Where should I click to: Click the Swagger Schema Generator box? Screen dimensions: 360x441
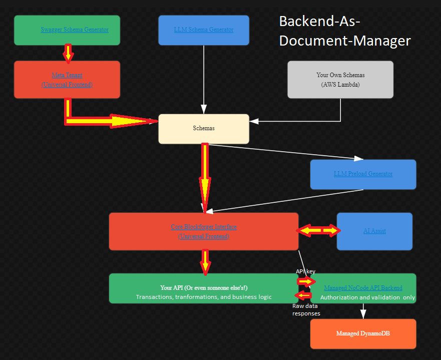tap(67, 30)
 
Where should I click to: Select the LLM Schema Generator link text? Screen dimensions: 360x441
tap(204, 30)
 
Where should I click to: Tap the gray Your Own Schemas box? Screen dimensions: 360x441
tap(340, 80)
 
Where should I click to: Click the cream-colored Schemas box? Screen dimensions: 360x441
tap(204, 129)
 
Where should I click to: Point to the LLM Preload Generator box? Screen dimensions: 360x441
tap(363, 174)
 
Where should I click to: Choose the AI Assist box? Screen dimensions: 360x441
tap(374, 231)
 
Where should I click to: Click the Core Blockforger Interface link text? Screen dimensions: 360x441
tap(204, 227)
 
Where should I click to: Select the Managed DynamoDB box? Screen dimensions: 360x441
tap(363, 333)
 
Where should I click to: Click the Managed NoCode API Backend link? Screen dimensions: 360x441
tap(363, 288)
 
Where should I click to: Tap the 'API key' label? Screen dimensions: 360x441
tap(305, 271)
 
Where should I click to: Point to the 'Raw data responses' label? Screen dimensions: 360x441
tap(306, 309)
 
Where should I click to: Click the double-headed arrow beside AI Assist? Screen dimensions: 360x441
tap(318, 230)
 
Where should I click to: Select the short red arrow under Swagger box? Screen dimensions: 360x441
tap(68, 53)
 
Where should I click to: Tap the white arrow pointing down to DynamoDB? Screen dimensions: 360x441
tap(364, 310)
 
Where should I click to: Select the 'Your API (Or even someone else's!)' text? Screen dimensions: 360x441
tap(204, 288)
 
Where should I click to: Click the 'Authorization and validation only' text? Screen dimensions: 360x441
tap(367, 297)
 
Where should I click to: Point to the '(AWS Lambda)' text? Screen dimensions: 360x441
tap(340, 85)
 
